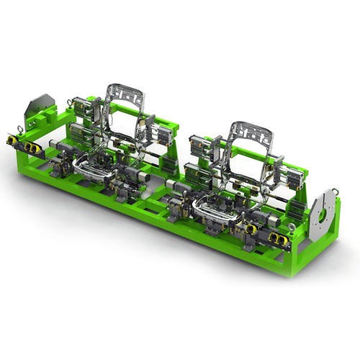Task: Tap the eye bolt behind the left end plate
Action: tap(70, 102)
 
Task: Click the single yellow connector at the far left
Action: tap(11, 140)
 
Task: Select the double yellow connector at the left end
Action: tap(32, 147)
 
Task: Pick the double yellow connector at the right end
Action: tap(277, 238)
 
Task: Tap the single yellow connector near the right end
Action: tap(251, 229)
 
